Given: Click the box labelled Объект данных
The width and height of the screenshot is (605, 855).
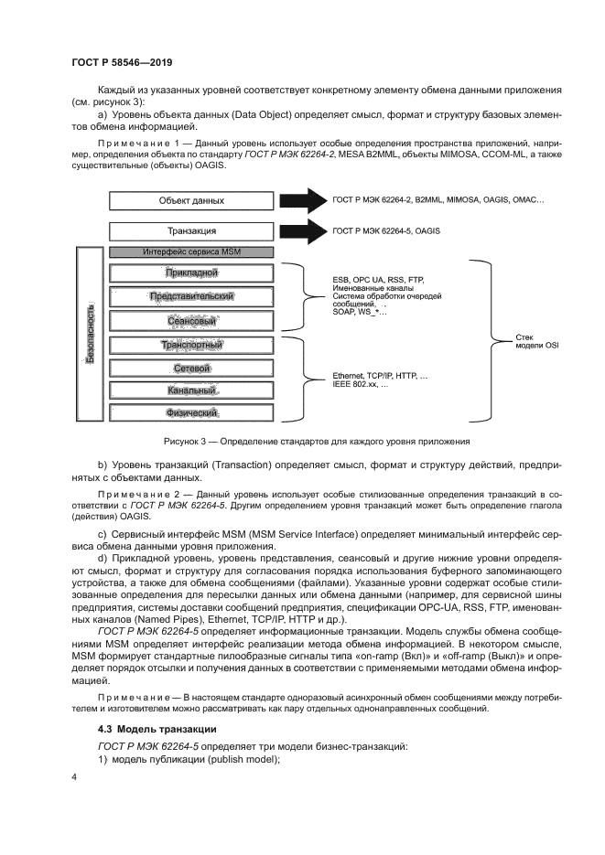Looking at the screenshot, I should pyautogui.click(x=191, y=200).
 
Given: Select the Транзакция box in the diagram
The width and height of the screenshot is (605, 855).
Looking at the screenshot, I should pyautogui.click(x=191, y=231).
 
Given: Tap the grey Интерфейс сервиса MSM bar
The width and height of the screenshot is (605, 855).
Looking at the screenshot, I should pyautogui.click(x=191, y=251).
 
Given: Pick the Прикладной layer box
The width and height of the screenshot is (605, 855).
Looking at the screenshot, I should pyautogui.click(x=191, y=273).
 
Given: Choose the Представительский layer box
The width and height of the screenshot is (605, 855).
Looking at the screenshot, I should pyautogui.click(x=191, y=296).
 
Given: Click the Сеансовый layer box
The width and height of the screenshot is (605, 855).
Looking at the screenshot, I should pyautogui.click(x=191, y=321).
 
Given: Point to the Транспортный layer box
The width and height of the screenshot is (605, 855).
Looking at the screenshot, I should pyautogui.click(x=191, y=345).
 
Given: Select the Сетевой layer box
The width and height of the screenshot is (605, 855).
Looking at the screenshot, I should pyautogui.click(x=191, y=368).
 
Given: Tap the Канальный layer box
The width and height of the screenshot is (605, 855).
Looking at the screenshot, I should pyautogui.click(x=191, y=390).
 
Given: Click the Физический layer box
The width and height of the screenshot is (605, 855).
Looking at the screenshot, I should pyautogui.click(x=191, y=413).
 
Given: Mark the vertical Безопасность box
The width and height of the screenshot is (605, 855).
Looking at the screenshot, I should pyautogui.click(x=90, y=333).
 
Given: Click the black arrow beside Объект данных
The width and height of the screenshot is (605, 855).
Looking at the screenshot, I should pyautogui.click(x=303, y=200).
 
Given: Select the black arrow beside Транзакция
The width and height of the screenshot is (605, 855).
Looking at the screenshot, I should pyautogui.click(x=303, y=231).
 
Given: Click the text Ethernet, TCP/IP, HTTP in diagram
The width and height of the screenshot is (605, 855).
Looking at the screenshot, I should pyautogui.click(x=380, y=376).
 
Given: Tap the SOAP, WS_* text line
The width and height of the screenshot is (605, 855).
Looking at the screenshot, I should pyautogui.click(x=360, y=313).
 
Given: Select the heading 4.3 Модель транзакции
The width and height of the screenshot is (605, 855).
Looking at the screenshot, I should pyautogui.click(x=157, y=728).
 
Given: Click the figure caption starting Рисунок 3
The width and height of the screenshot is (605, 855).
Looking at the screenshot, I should pyautogui.click(x=317, y=441).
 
